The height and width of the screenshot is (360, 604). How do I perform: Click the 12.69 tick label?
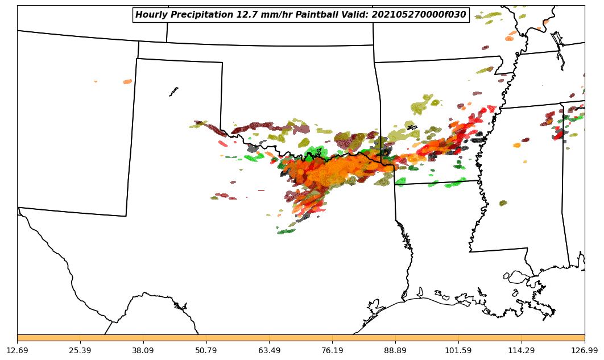(x=17, y=350)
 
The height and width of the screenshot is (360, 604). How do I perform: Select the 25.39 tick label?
(x=80, y=350)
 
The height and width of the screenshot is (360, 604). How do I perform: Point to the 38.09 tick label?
(x=143, y=350)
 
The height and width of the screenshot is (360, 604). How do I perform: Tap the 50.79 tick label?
(x=206, y=350)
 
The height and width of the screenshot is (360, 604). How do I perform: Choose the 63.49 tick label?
(x=270, y=350)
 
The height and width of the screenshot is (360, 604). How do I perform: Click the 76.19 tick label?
(x=332, y=350)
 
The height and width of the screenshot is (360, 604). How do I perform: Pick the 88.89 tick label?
(x=395, y=350)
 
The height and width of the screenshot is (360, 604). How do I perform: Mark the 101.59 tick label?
(x=458, y=350)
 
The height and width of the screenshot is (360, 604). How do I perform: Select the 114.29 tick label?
(x=522, y=350)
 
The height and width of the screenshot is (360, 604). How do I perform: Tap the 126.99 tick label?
(x=585, y=350)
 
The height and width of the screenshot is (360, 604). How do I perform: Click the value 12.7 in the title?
(x=247, y=15)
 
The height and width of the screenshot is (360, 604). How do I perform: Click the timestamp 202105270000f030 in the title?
(x=419, y=15)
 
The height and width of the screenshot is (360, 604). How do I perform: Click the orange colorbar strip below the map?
(x=301, y=338)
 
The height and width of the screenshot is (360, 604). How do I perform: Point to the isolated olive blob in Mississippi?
(x=503, y=203)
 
